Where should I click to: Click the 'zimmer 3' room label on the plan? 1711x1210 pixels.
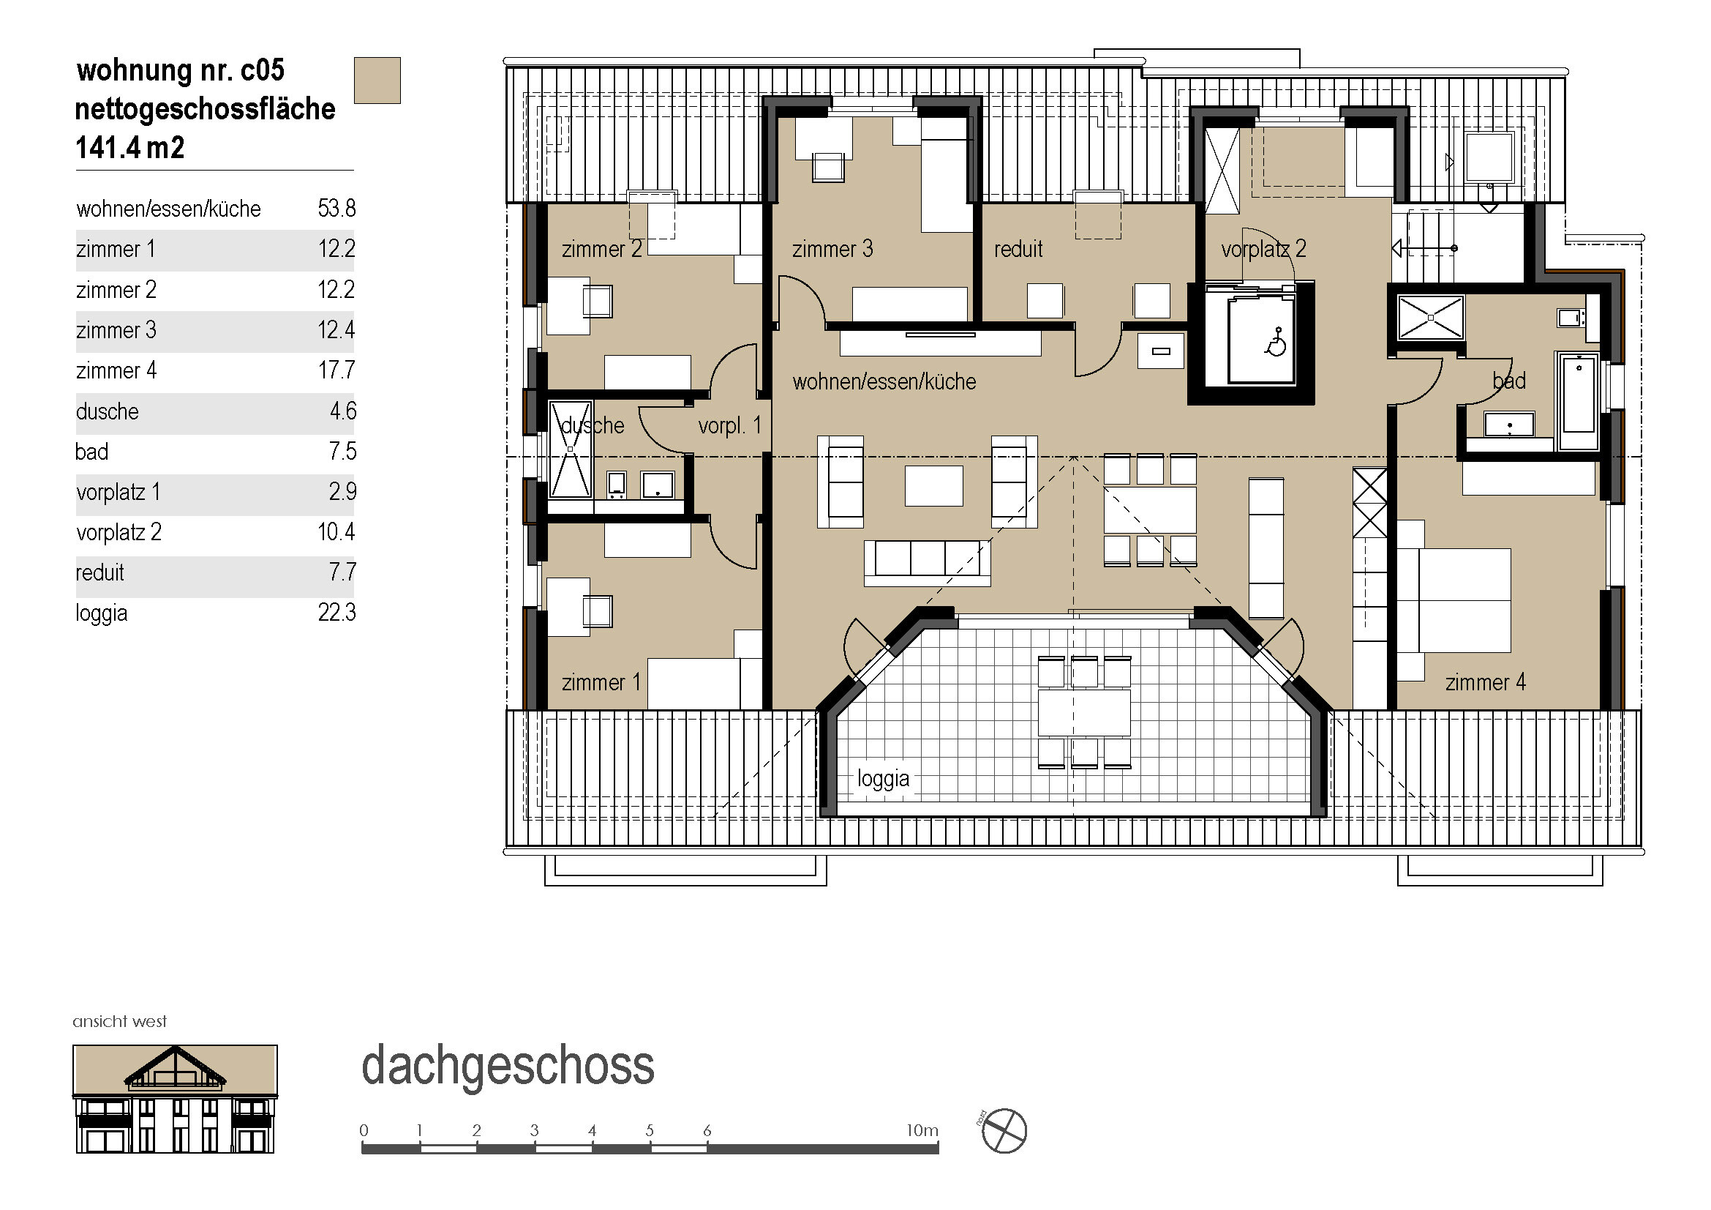point(832,249)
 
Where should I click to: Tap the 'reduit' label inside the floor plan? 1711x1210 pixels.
point(1018,249)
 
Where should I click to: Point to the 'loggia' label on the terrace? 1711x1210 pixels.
point(883,779)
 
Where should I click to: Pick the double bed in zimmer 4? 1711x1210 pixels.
point(1455,601)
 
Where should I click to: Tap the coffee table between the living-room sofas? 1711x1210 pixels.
point(933,486)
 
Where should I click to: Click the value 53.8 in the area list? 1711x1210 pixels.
point(336,209)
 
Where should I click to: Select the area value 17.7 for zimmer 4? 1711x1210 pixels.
point(336,370)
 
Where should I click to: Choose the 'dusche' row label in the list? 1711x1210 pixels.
point(108,411)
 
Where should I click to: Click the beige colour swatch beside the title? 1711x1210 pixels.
point(377,81)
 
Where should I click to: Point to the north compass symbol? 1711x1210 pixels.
point(1004,1131)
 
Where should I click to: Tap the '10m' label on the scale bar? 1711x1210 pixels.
point(922,1130)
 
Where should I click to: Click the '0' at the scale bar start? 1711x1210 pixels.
point(364,1130)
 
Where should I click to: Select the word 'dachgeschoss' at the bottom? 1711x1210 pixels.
point(508,1067)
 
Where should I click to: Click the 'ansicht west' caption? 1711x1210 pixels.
point(119,1021)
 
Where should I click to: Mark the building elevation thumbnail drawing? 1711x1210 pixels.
point(175,1099)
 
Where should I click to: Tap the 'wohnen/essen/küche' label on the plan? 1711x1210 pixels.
point(884,381)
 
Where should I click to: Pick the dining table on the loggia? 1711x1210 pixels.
point(1084,713)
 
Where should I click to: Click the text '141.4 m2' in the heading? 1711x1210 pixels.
point(129,148)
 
